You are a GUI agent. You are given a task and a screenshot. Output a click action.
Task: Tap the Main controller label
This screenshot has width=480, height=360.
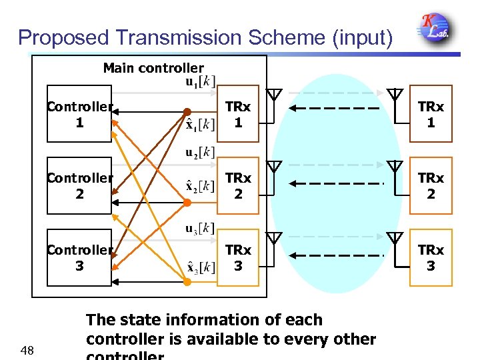point(153,67)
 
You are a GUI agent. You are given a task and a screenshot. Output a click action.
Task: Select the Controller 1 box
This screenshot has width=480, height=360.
point(79,114)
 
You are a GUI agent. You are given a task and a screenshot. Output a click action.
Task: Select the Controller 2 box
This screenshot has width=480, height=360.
point(79,186)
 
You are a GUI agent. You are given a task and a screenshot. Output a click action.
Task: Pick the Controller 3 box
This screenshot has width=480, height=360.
point(79,257)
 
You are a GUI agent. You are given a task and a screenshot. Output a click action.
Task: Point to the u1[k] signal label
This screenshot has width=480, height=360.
point(199,82)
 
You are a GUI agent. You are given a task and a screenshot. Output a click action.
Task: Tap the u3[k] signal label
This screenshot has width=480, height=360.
point(199,229)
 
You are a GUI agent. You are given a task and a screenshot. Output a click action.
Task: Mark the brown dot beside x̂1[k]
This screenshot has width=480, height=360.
point(187,111)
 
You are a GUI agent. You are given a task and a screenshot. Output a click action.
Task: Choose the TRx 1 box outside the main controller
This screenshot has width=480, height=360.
point(430,114)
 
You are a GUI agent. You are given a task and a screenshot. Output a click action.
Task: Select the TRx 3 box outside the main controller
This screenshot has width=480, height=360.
point(430,257)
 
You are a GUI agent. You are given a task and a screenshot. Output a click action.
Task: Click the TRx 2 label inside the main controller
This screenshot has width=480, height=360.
point(238,186)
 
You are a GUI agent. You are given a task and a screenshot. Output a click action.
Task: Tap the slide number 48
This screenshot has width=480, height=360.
point(27,350)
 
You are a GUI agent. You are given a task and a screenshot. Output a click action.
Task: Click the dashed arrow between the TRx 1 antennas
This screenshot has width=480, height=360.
point(336,108)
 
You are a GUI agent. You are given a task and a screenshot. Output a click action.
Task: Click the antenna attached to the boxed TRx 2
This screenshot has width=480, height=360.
point(395,167)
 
